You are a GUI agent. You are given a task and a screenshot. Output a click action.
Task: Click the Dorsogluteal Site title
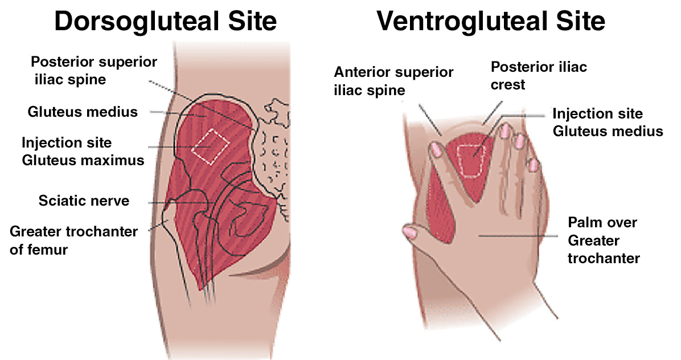[x=165, y=21]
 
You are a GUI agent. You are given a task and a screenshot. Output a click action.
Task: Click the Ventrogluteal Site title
[x=490, y=21]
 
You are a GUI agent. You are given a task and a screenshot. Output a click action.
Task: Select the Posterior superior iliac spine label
[x=94, y=69]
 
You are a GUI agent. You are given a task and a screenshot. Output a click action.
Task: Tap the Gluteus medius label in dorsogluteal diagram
[x=83, y=112]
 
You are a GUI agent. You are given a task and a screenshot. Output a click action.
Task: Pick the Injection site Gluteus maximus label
[x=83, y=151]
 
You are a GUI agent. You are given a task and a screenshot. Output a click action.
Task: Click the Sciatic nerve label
[x=84, y=201]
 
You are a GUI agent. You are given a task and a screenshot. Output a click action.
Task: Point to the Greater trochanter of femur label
[x=73, y=240]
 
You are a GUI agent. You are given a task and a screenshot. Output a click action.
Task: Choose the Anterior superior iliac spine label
[x=393, y=81]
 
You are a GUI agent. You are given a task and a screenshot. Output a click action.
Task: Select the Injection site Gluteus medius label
[x=608, y=122]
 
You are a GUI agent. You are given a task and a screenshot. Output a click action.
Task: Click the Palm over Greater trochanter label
[x=604, y=239]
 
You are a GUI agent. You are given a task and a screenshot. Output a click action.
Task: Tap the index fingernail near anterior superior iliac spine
[x=437, y=149]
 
